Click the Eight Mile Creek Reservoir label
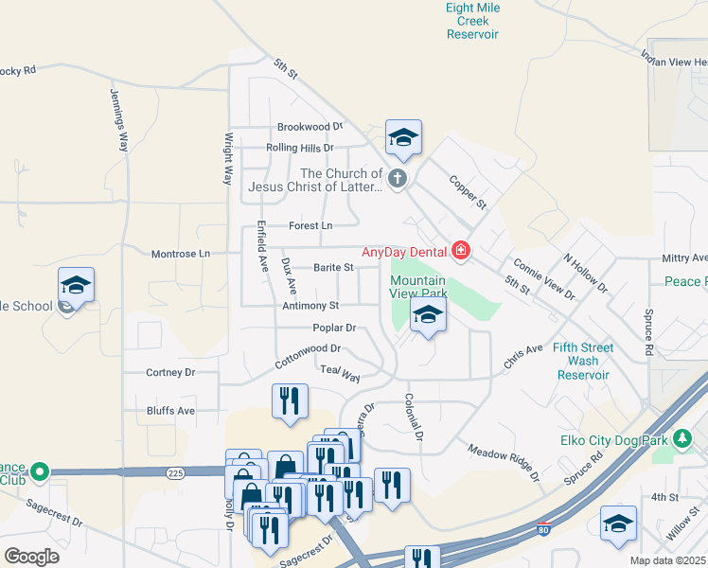(472, 21)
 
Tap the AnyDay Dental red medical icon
(461, 251)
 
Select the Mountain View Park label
(418, 287)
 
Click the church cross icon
(398, 177)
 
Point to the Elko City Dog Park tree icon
(681, 439)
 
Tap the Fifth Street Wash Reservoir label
(583, 361)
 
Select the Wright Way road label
(228, 158)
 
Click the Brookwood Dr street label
(310, 127)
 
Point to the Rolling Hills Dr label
(300, 148)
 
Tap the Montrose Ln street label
(181, 254)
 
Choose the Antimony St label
(310, 306)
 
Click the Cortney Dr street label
(170, 373)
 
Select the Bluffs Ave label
(170, 411)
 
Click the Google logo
(31, 557)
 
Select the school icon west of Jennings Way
(76, 285)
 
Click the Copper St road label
(467, 191)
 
